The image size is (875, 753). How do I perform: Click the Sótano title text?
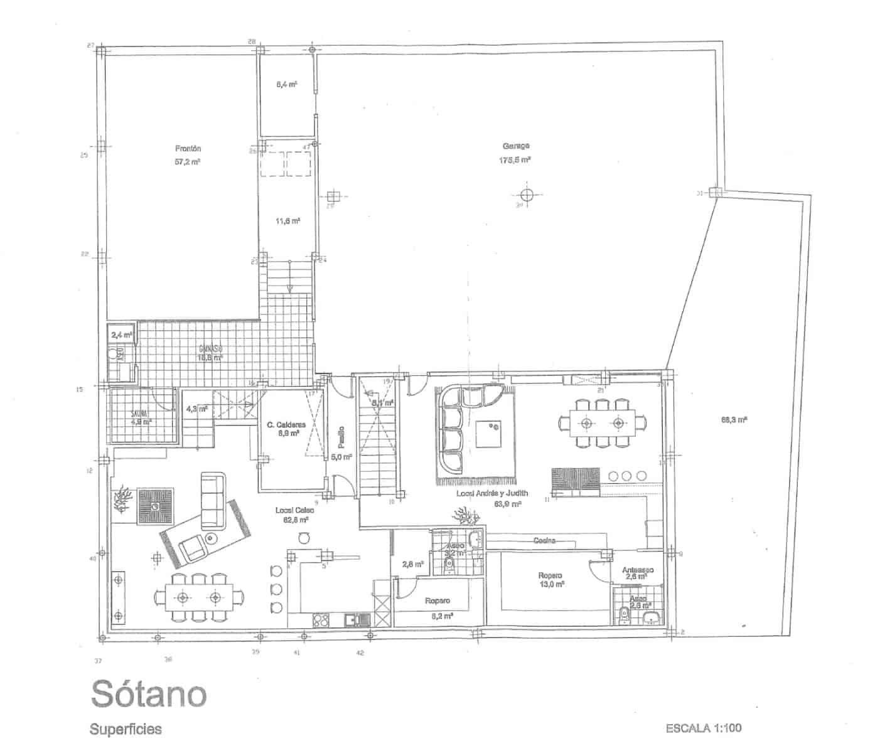pyautogui.click(x=149, y=693)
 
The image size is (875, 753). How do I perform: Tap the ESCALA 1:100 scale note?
pyautogui.click(x=703, y=729)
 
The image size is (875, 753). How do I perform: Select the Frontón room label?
pyautogui.click(x=188, y=149)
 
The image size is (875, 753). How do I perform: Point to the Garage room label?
pyautogui.click(x=515, y=146)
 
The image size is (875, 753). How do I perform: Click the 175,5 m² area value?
pyautogui.click(x=515, y=160)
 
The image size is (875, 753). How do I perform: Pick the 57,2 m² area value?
pyautogui.click(x=188, y=162)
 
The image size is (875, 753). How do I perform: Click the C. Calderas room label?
pyautogui.click(x=286, y=425)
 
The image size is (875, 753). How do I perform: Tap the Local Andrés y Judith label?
pyautogui.click(x=492, y=493)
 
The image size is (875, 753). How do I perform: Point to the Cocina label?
pyautogui.click(x=544, y=540)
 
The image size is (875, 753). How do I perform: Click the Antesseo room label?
pyautogui.click(x=638, y=570)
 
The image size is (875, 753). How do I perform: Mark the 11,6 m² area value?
pyautogui.click(x=288, y=221)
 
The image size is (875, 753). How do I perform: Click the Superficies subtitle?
pyautogui.click(x=126, y=729)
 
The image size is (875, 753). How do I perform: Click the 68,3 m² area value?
pyautogui.click(x=733, y=420)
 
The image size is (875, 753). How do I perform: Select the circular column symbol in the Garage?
pyautogui.click(x=526, y=194)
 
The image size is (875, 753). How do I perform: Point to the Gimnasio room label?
pyautogui.click(x=210, y=349)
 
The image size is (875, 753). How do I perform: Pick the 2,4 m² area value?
pyautogui.click(x=121, y=335)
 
